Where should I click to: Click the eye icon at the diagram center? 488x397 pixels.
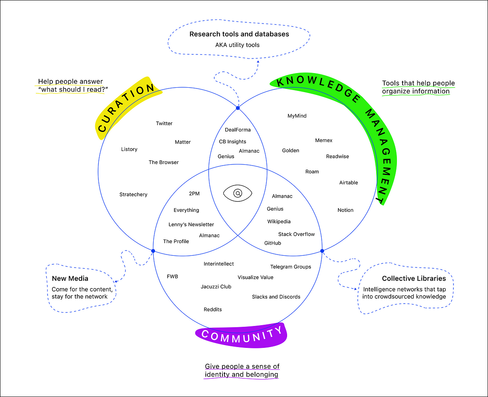[238, 193]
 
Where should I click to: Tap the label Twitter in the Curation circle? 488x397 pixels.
[164, 123]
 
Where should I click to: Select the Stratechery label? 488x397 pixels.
[133, 194]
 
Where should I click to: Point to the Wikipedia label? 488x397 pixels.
[279, 222]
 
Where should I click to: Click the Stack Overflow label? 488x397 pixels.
[296, 234]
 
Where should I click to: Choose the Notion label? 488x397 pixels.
[345, 210]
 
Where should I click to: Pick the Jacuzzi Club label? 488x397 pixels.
[216, 287]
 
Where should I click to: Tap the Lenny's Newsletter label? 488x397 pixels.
[191, 224]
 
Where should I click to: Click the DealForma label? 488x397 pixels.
[238, 130]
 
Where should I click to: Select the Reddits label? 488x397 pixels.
[213, 310]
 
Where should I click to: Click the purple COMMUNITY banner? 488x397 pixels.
[242, 335]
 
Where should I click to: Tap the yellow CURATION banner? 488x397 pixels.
[127, 108]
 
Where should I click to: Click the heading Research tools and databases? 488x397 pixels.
[239, 34]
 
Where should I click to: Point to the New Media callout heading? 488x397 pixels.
[70, 278]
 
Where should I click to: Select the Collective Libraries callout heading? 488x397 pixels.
[414, 278]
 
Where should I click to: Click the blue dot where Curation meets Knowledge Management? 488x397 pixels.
[238, 108]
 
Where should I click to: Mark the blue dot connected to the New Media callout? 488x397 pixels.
[153, 251]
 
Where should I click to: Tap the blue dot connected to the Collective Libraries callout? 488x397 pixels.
[322, 251]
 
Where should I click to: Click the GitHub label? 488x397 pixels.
[272, 243]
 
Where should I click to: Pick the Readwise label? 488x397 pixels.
[338, 156]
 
